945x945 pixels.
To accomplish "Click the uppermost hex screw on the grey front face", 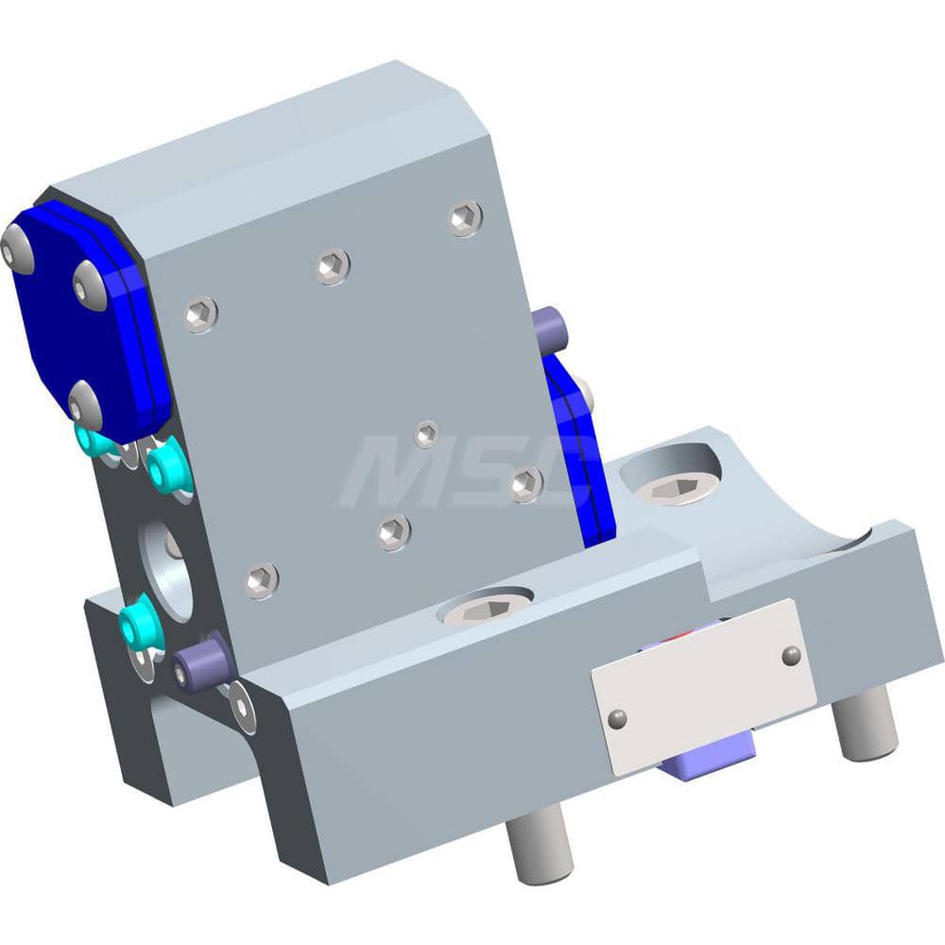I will tap(466, 218).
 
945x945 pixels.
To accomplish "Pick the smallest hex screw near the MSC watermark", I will tap(427, 434).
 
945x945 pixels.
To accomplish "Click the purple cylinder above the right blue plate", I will tap(548, 328).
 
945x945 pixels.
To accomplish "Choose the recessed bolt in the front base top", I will tap(483, 610).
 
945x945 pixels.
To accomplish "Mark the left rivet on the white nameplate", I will tap(616, 719).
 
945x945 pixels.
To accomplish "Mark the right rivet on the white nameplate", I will tap(792, 654).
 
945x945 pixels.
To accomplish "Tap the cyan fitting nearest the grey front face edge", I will tap(170, 467).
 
